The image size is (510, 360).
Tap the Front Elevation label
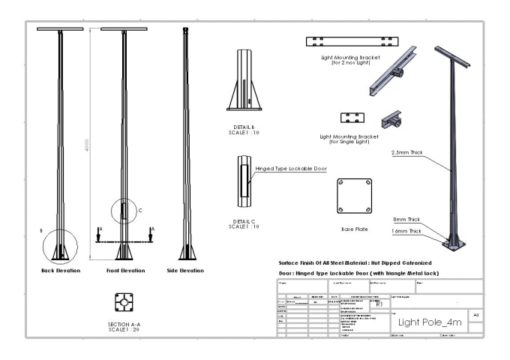pos(124,270)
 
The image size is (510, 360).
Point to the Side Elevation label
pos(185,270)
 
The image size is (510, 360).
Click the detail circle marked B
pos(60,246)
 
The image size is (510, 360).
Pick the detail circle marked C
pos(124,211)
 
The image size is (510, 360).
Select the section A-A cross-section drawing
pos(124,302)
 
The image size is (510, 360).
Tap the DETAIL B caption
pos(243,130)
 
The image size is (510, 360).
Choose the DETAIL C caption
pos(243,223)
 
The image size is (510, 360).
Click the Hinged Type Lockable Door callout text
pos(291,169)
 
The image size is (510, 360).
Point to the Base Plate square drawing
pos(355,196)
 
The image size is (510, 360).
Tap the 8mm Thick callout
pos(406,219)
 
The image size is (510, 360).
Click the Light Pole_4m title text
pos(430,322)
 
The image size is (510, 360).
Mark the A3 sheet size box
pos(475,315)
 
